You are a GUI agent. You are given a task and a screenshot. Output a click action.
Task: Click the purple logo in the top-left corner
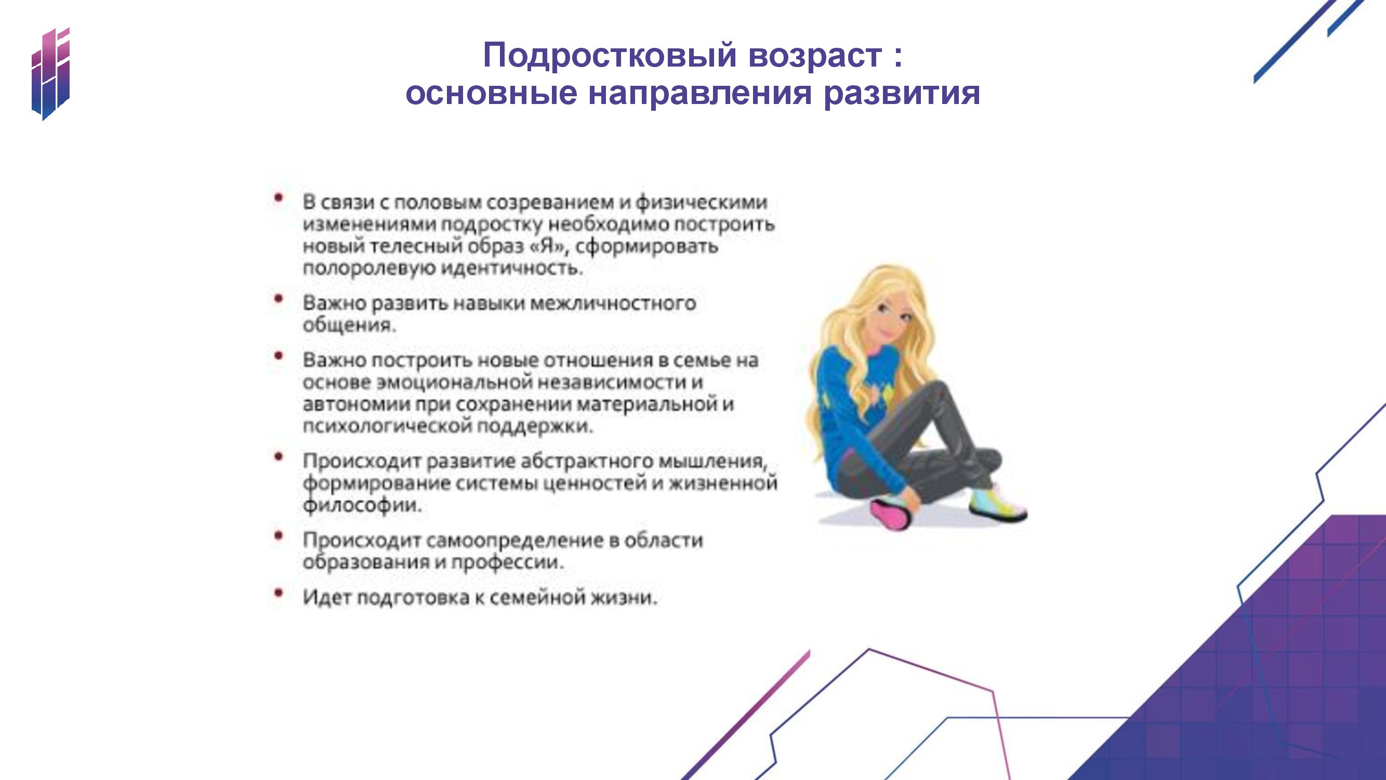click(50, 74)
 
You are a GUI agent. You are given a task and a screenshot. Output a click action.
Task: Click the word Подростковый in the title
click(609, 56)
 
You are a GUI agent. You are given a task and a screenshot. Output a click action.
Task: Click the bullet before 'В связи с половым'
click(278, 198)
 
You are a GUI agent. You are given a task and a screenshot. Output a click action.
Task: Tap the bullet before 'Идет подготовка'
click(278, 593)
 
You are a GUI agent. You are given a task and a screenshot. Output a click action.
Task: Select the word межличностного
click(613, 303)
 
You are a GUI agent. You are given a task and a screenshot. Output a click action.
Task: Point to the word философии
click(362, 505)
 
